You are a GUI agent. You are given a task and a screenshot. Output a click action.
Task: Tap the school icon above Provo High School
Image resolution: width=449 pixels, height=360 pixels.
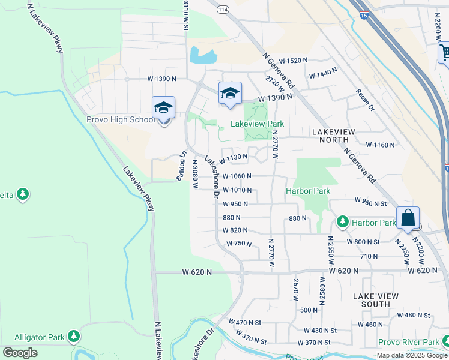click(163, 109)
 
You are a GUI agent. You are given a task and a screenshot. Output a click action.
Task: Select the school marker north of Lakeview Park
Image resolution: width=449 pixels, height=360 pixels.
click(230, 93)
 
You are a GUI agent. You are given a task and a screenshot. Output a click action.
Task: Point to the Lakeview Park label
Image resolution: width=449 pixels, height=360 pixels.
click(258, 124)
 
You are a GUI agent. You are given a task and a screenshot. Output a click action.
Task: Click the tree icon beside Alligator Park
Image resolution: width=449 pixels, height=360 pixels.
click(74, 337)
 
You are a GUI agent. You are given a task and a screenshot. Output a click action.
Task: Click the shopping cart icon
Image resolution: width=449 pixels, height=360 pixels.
click(445, 53)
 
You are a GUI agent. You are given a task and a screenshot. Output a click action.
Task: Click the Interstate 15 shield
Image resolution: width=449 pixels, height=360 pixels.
click(364, 15)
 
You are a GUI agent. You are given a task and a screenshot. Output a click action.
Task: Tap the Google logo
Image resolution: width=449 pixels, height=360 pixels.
click(20, 353)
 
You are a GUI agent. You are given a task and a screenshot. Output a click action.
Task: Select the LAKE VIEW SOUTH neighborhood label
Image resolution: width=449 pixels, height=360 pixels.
click(372, 300)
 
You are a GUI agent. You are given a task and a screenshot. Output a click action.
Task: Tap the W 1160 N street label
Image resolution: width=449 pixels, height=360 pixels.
click(381, 145)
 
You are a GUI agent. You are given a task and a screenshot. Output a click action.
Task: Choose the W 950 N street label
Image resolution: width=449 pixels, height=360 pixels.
click(235, 204)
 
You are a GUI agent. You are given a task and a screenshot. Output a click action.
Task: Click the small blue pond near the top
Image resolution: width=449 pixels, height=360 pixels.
click(203, 56)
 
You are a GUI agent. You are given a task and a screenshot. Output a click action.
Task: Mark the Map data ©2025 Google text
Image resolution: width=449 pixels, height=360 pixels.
click(412, 355)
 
